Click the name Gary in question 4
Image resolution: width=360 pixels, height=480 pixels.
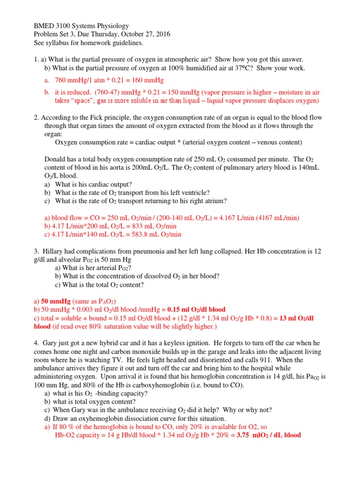pos(50,343)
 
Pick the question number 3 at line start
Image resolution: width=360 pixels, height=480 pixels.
pos(36,251)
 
